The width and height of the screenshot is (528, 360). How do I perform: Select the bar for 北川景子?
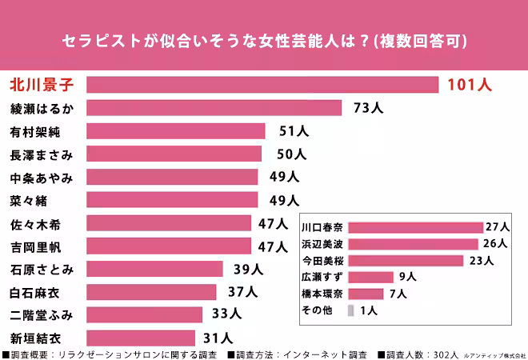pyautogui.click(x=262, y=85)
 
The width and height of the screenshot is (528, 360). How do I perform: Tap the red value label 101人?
pyautogui.click(x=470, y=85)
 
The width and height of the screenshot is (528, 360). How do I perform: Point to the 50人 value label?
pyautogui.click(x=291, y=154)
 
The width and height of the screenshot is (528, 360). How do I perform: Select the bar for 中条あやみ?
pyautogui.click(x=172, y=177)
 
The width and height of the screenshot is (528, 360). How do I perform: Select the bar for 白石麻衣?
pyautogui.click(x=151, y=292)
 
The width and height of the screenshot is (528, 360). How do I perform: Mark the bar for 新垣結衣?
pyautogui.click(x=141, y=338)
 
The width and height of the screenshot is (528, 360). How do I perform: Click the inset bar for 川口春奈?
pyautogui.click(x=415, y=227)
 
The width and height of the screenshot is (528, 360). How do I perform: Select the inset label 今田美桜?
pyautogui.click(x=322, y=261)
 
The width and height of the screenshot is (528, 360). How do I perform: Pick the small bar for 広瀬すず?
pyautogui.click(x=370, y=277)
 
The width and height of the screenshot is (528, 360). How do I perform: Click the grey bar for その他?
pyautogui.click(x=350, y=310)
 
